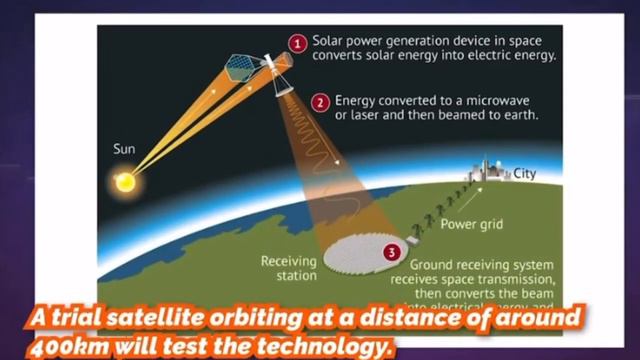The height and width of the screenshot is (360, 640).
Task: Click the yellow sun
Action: (x=126, y=181)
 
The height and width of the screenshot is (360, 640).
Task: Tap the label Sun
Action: (x=124, y=149)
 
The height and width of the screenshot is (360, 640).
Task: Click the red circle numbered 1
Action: (x=296, y=42)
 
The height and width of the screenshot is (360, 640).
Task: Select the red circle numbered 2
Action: (x=320, y=101)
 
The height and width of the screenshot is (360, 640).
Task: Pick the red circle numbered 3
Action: (x=391, y=253)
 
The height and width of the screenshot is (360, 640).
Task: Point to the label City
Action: (x=525, y=174)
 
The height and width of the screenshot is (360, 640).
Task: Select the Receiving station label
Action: (x=289, y=267)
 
